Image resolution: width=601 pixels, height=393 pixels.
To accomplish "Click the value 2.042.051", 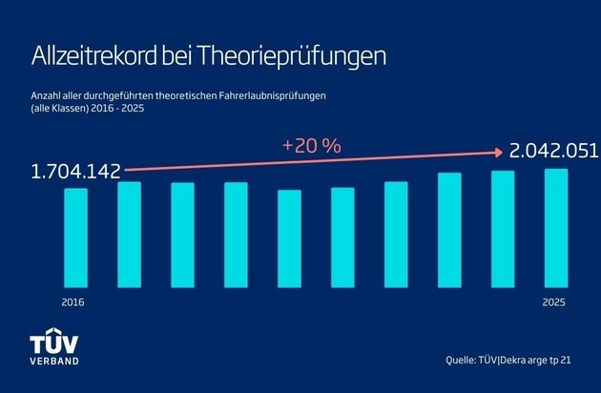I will tap(554, 151).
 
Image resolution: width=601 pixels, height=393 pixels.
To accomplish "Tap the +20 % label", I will tap(313, 146).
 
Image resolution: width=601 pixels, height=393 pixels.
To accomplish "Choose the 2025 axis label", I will tap(555, 301).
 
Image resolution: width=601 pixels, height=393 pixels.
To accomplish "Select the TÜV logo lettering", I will tap(56, 344).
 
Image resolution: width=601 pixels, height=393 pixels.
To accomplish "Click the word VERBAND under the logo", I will tap(56, 362).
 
